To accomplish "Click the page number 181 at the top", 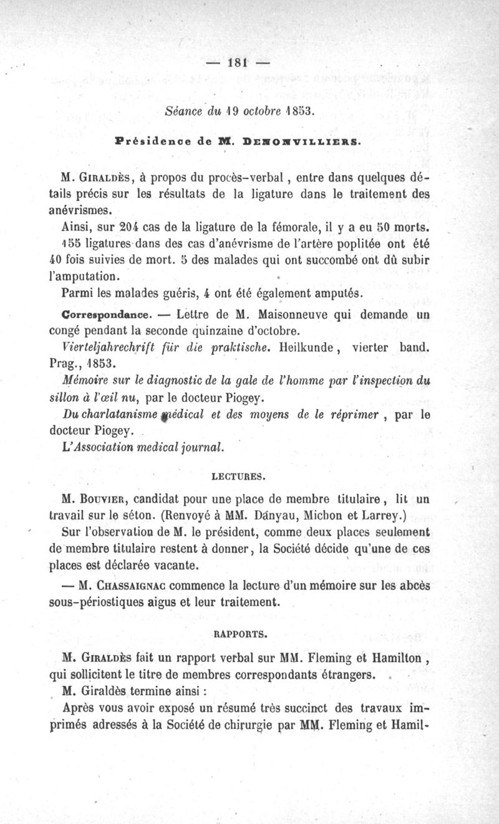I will click(238, 62).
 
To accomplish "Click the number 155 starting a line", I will click(77, 242).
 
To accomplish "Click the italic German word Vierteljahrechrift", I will click(108, 347).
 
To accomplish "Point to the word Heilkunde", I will click(310, 347).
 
